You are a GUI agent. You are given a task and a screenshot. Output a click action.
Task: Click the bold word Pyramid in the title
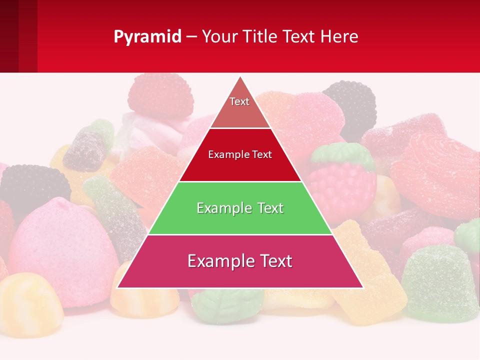pyautogui.click(x=147, y=37)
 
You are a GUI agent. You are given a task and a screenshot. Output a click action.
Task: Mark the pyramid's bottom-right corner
pyautogui.click(x=362, y=287)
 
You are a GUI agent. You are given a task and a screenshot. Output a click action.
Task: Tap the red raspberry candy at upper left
pyautogui.click(x=160, y=95)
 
